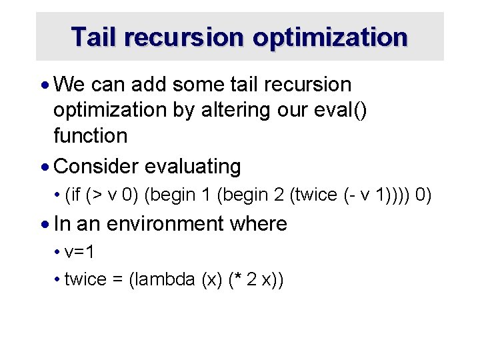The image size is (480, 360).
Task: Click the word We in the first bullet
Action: point(70,85)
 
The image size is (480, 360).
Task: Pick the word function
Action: point(90,135)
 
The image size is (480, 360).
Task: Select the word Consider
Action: point(96,166)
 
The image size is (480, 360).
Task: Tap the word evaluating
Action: point(193,166)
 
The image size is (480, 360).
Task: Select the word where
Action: point(258,223)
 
